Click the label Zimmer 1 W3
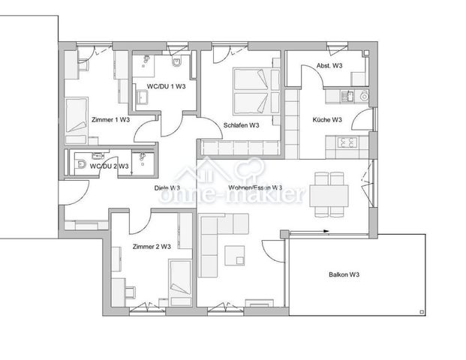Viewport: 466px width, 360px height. (110, 120)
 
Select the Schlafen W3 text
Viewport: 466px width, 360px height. (241, 125)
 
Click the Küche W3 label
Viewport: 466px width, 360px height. (327, 120)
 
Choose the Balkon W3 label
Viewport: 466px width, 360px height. (344, 275)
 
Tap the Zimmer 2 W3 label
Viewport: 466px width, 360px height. (152, 247)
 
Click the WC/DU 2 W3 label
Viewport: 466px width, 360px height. (109, 166)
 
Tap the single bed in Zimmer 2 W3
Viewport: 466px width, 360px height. (180, 278)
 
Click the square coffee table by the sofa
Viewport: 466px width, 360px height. (233, 255)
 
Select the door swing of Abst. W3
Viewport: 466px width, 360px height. (308, 75)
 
